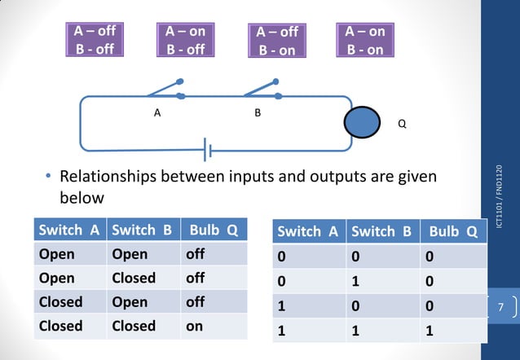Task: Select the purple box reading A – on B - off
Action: pos(185,40)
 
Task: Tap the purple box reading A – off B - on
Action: pos(277,41)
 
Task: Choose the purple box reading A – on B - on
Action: pos(364,40)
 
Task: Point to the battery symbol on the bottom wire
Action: pos(209,150)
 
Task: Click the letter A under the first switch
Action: pos(156,113)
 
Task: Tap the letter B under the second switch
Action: pos(258,113)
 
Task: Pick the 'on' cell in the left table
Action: pos(195,326)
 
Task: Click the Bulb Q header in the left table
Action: pos(214,230)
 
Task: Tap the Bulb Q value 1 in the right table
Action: pos(430,332)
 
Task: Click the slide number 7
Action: pos(502,307)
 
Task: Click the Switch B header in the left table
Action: pos(142,230)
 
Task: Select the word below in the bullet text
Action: pos(82,198)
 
